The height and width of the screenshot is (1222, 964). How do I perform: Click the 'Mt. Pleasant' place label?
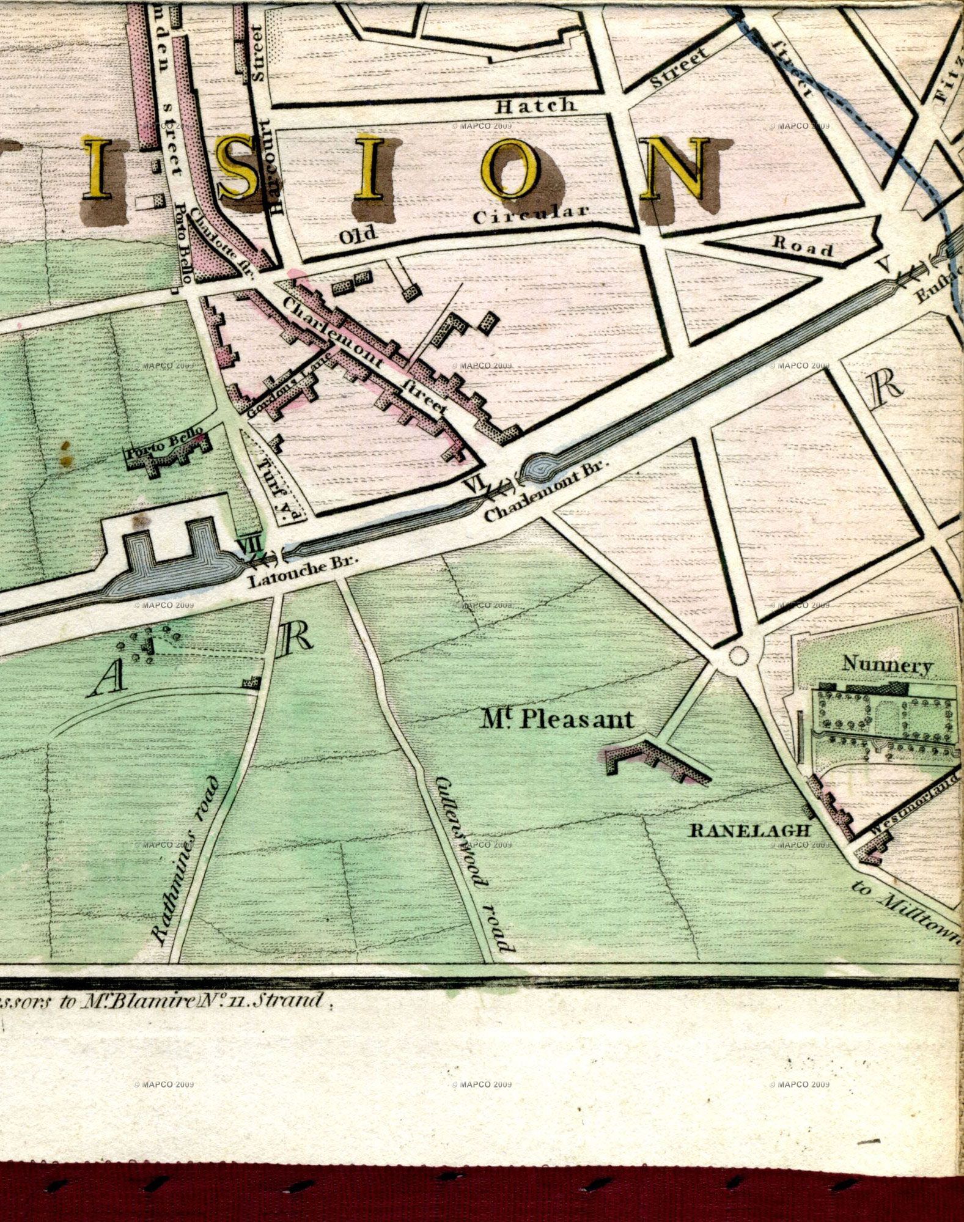pyautogui.click(x=557, y=720)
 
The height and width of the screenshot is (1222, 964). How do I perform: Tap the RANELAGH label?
pyautogui.click(x=749, y=831)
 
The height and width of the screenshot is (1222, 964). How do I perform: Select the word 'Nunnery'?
pyautogui.click(x=887, y=664)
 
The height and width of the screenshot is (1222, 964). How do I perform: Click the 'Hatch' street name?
pyautogui.click(x=535, y=106)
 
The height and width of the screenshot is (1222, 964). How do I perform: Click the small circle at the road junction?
pyautogui.click(x=739, y=656)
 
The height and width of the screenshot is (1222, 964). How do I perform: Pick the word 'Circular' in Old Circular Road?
pyautogui.click(x=531, y=215)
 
